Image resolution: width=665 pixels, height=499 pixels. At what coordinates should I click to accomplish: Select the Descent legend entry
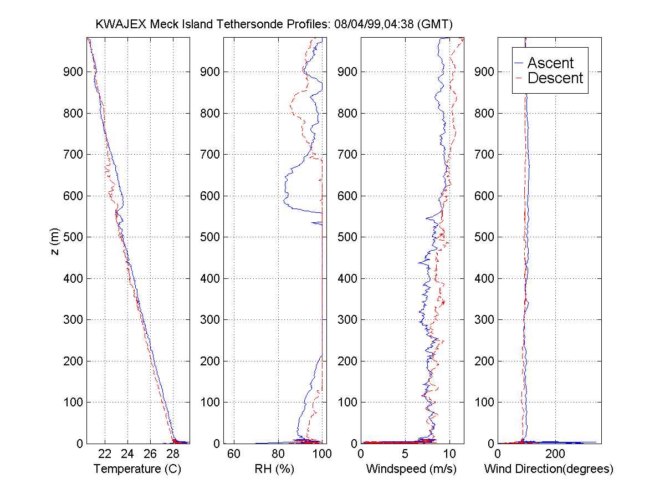pos(555,78)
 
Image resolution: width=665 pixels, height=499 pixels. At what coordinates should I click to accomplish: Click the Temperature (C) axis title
pos(137,469)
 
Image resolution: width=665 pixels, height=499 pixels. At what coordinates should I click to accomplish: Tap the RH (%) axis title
pos(273,469)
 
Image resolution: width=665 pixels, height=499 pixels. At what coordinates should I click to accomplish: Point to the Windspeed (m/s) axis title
pos(411,469)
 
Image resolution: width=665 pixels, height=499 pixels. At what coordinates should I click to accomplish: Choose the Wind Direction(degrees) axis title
pos(549,469)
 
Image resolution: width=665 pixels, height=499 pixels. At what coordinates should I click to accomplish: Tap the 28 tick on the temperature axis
pos(173,454)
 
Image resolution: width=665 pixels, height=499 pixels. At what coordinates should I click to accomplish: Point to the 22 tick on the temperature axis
pos(105,454)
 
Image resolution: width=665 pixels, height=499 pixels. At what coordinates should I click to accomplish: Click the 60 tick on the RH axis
pos(234,454)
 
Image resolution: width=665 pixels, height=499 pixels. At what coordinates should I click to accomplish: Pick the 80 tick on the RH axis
pos(278,454)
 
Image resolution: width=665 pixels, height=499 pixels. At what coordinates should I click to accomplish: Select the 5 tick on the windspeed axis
pos(405,454)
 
